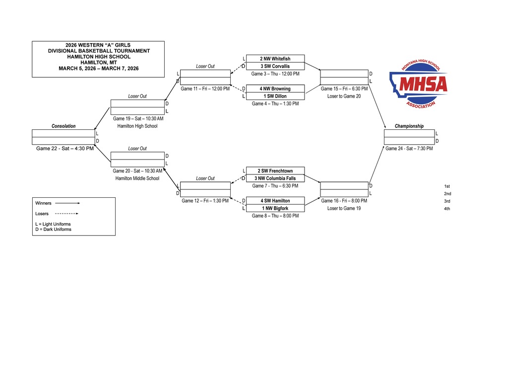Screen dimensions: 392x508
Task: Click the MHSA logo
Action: [x=419, y=82]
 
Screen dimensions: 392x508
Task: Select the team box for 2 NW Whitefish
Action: [x=275, y=59]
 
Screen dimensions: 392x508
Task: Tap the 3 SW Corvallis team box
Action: [x=275, y=66]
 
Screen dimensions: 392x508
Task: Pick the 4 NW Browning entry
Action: [x=275, y=89]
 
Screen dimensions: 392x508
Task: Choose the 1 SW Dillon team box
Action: [x=275, y=96]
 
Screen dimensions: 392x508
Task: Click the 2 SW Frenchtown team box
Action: [x=275, y=171]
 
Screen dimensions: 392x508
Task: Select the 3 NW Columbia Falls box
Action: [x=275, y=178]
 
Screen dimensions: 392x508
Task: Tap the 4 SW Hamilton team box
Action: [x=275, y=201]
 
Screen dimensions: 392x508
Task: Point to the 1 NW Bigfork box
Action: [x=275, y=208]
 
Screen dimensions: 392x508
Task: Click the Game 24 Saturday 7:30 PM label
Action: [x=409, y=148]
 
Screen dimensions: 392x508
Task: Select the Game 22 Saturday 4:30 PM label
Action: [x=65, y=148]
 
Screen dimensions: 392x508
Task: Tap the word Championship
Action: [x=409, y=126]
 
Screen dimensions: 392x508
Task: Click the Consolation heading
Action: [x=63, y=126]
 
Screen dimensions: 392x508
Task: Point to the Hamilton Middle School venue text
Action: [x=137, y=178]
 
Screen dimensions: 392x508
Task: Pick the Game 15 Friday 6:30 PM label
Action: [x=344, y=89]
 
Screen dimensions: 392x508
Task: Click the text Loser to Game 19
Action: [x=344, y=208]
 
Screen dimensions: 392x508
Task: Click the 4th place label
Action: [x=447, y=208]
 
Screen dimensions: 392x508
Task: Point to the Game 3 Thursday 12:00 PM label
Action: [x=275, y=74]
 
